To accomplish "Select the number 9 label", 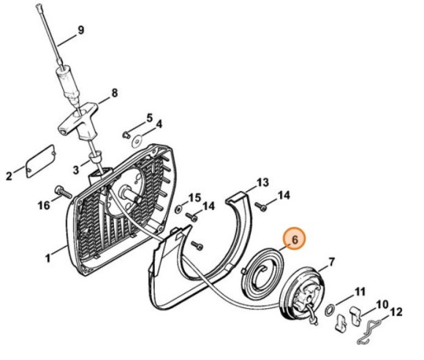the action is [x=81, y=30].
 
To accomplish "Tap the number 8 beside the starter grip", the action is [x=115, y=93].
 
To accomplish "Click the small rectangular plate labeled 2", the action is [x=41, y=161].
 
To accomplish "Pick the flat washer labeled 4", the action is [x=137, y=141].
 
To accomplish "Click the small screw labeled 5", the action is [x=126, y=134].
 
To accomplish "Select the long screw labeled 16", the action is [x=64, y=192].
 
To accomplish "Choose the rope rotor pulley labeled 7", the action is [x=302, y=295].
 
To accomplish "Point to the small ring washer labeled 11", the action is [x=330, y=310].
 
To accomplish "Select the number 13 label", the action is [x=262, y=182].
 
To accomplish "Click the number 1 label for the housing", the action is [x=48, y=258].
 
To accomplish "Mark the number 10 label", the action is [x=382, y=304].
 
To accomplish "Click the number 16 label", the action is [x=44, y=206].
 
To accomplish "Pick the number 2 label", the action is [x=10, y=176].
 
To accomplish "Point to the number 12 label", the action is [x=396, y=312].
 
